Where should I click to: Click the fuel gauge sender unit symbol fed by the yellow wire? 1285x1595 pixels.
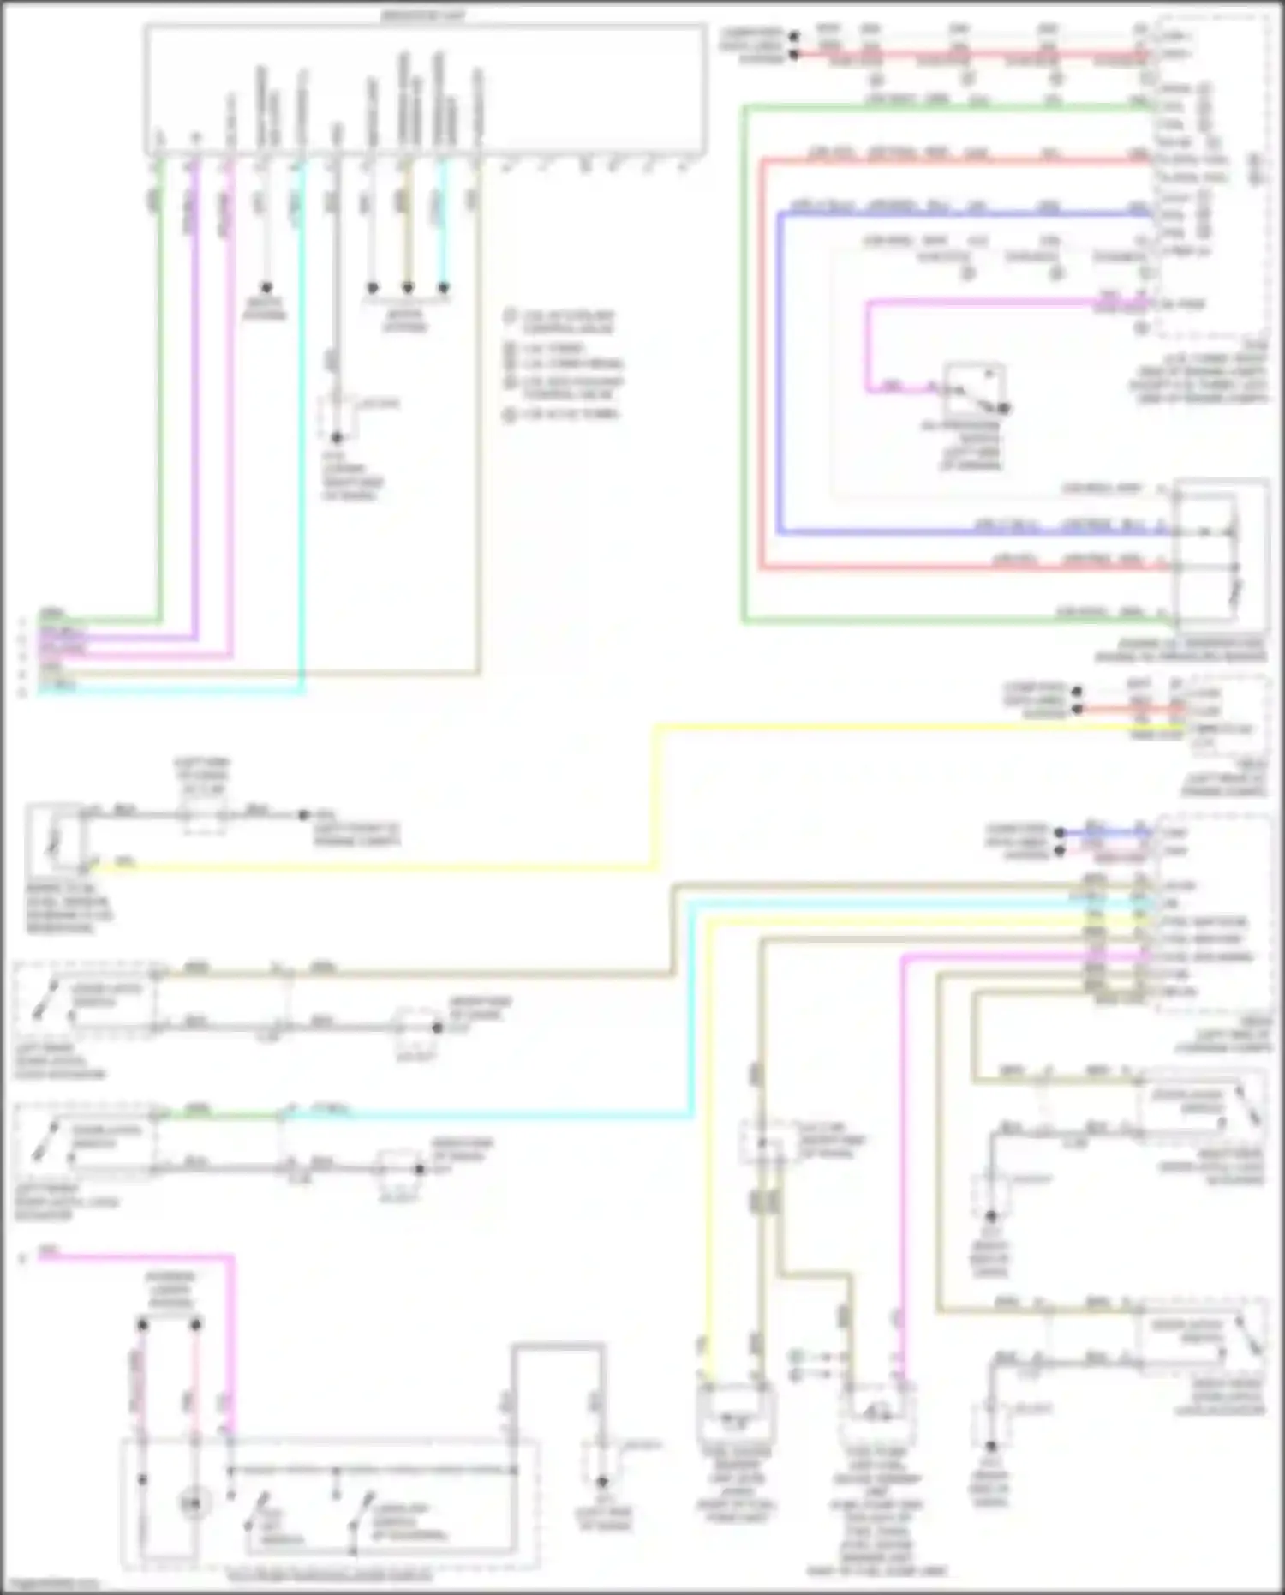(x=736, y=1414)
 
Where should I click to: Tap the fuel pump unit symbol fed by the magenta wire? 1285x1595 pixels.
(x=876, y=1414)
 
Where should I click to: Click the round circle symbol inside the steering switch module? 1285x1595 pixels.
(x=194, y=1503)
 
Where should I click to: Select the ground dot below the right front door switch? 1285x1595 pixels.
(x=990, y=1216)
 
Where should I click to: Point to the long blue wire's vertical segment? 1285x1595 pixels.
(x=780, y=369)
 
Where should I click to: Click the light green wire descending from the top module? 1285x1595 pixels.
(x=159, y=386)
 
